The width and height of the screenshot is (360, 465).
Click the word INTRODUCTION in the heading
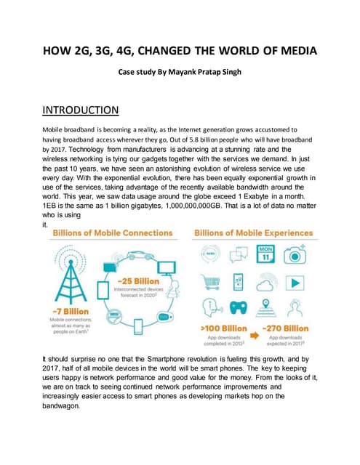[80, 110]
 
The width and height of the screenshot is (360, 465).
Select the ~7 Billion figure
[68, 311]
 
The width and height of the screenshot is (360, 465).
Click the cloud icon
[266, 285]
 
